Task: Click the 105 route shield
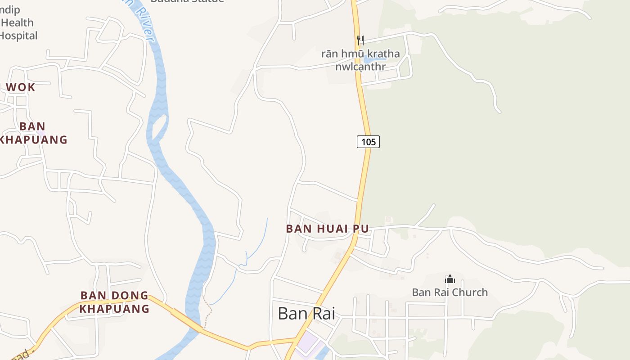point(368,142)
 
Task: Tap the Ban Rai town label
point(306,313)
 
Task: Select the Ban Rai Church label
point(450,292)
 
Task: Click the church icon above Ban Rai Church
point(450,279)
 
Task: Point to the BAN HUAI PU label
point(327,229)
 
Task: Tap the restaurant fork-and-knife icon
point(360,40)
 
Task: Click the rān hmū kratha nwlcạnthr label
point(360,60)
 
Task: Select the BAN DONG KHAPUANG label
point(114,302)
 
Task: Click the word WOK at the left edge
point(20,87)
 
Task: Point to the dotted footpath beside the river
point(207,310)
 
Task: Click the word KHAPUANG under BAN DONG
point(114,309)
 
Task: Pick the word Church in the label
point(470,292)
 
